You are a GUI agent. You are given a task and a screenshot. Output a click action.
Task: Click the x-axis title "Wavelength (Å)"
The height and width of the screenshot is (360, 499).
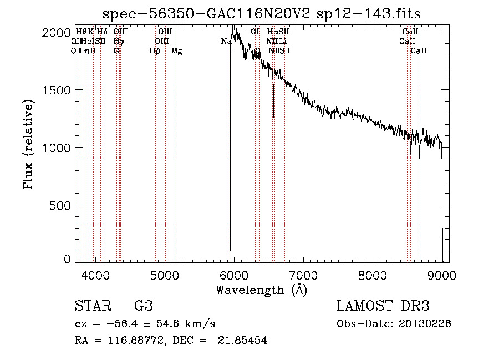tap(262, 290)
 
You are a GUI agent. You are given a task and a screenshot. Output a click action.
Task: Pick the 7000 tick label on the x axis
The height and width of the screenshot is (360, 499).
tap(304, 275)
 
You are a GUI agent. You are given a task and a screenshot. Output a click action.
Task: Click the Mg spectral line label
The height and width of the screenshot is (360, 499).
tap(177, 51)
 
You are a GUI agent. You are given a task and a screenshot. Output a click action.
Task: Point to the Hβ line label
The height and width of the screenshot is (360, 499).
tap(155, 51)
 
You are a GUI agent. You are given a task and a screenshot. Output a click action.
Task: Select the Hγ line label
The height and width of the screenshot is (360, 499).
tap(118, 42)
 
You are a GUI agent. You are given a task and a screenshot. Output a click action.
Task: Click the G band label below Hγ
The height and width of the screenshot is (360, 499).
tap(116, 51)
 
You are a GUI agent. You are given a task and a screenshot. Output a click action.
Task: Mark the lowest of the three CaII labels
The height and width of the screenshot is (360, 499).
tap(419, 51)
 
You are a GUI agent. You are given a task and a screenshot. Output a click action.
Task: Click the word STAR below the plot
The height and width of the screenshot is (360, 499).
tap(92, 307)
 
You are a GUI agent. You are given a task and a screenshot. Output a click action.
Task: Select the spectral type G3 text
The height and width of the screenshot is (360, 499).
tap(144, 307)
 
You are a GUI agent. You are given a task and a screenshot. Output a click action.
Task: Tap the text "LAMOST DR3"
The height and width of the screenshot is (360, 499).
tap(383, 307)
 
